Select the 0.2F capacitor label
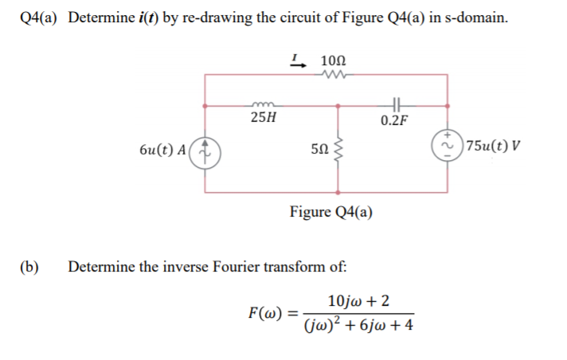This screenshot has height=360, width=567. [395, 120]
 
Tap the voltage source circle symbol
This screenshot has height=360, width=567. [448, 146]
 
